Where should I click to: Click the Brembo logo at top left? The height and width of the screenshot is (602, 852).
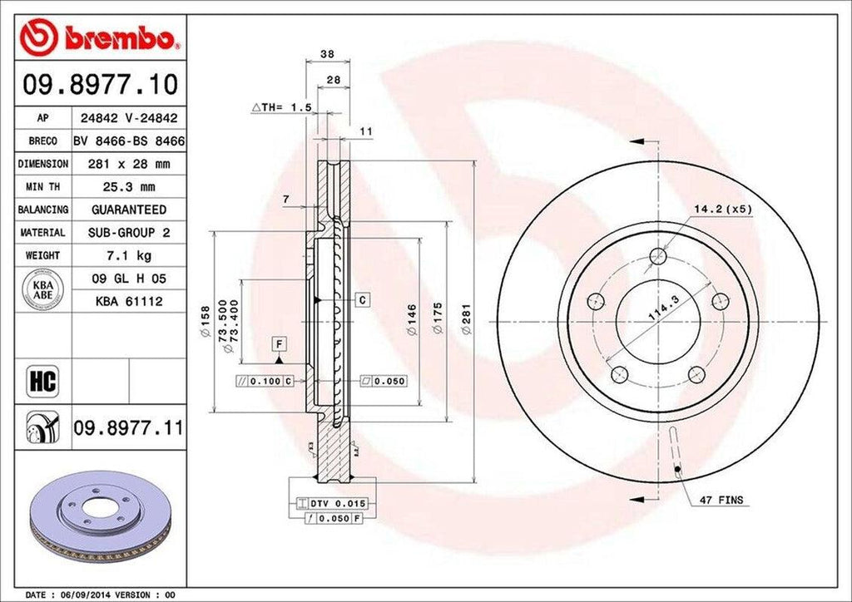[100, 37]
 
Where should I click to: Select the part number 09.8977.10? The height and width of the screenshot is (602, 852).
[100, 85]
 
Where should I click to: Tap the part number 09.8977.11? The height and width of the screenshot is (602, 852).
[128, 428]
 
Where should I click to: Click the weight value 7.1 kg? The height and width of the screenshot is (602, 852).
[129, 255]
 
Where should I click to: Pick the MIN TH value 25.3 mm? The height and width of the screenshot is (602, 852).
[129, 187]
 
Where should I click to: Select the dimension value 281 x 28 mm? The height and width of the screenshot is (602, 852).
[129, 165]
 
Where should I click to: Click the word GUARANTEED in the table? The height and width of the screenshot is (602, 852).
[129, 210]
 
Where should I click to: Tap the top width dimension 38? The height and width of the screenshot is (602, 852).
[327, 54]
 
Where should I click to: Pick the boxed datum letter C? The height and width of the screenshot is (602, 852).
[364, 299]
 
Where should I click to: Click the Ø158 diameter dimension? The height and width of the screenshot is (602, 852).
[205, 318]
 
